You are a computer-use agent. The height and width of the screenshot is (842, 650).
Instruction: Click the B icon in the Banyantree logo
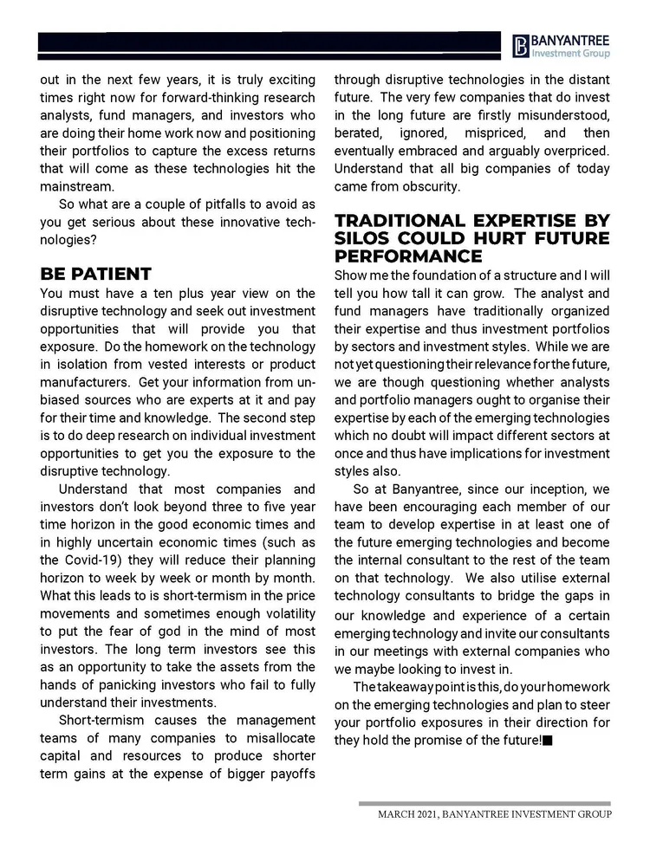[x=519, y=45]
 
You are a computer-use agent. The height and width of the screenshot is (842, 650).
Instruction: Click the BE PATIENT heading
[x=95, y=274]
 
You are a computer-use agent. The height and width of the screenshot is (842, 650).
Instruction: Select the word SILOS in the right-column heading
[x=363, y=238]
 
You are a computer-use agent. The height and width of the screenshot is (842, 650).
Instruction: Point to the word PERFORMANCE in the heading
[x=408, y=256]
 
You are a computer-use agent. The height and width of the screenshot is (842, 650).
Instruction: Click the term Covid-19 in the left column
[x=91, y=560]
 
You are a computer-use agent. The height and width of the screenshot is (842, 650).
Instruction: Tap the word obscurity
[x=430, y=186]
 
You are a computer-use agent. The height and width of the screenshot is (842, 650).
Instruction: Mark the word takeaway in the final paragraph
[x=413, y=686]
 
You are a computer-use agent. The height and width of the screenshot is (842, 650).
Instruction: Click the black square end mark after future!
[x=548, y=740]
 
